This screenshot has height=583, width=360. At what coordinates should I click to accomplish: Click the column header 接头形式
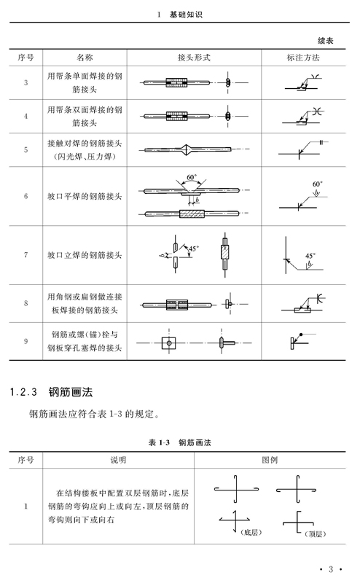coord(194,58)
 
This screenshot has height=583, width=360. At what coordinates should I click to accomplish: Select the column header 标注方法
coord(303,58)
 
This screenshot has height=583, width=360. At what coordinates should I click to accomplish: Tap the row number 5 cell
coord(26,150)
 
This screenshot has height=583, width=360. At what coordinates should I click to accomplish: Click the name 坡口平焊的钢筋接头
coord(85,196)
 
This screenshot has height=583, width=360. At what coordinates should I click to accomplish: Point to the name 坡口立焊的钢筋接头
coord(85,255)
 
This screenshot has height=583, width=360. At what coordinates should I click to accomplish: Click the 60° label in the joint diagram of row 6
coord(192,177)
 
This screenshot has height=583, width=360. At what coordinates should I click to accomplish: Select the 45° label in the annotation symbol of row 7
coord(310,256)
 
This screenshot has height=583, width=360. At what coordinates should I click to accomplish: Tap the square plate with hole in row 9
coord(169,343)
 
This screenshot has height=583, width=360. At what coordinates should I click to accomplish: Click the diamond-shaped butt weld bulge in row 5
coord(186,149)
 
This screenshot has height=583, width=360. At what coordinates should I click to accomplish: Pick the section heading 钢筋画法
coord(70,392)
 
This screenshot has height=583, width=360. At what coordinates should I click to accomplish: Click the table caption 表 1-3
coord(159,442)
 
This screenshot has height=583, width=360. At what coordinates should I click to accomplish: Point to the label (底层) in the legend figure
coord(251,533)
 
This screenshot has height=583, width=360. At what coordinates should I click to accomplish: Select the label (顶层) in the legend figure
coord(315,534)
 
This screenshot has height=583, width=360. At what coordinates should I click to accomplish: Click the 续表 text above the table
coord(326,41)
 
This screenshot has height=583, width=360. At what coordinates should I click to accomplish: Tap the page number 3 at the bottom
coord(331,569)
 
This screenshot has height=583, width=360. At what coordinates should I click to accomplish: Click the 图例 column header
coord(270,460)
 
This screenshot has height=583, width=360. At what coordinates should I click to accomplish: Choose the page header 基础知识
coord(186,15)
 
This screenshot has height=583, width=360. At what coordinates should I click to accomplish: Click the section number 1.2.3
coord(23,392)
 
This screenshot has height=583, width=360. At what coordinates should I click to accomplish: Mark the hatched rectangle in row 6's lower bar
coord(192,214)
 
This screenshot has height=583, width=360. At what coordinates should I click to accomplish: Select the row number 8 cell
coord(26,303)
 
